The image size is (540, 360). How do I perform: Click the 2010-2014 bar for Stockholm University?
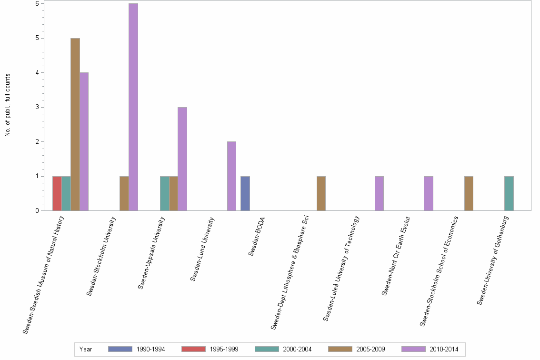(x=133, y=107)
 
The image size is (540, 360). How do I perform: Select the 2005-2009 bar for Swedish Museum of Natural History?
(x=75, y=124)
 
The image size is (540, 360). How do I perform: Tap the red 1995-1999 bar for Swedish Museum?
(x=57, y=193)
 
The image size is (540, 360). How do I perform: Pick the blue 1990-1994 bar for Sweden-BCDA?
(x=245, y=193)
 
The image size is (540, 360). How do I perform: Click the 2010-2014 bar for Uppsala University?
(x=182, y=159)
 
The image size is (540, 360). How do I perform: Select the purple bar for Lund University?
(x=231, y=176)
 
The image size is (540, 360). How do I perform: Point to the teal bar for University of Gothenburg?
(x=509, y=193)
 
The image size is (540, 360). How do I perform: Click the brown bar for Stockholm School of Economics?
(x=469, y=193)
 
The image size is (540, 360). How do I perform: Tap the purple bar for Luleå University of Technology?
(x=379, y=193)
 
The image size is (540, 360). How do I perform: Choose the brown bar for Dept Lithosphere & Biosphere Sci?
(x=321, y=193)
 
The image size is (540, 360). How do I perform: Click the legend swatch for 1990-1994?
(x=120, y=349)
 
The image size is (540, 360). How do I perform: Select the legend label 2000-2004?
(x=297, y=349)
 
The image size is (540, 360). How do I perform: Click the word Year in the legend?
(x=86, y=349)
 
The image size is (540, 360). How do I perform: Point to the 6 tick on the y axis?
(x=37, y=3)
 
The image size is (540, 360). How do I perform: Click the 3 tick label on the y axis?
(x=37, y=107)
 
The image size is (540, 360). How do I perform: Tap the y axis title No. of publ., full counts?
(x=8, y=105)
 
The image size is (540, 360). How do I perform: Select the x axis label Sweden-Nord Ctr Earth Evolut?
(x=396, y=256)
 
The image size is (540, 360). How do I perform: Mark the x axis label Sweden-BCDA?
(x=257, y=237)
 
